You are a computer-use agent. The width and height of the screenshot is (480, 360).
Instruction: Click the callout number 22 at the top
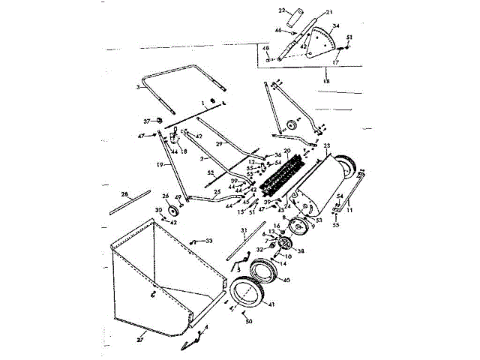pyautogui.click(x=282, y=10)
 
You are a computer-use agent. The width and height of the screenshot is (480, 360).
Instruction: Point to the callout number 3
pyautogui.click(x=139, y=88)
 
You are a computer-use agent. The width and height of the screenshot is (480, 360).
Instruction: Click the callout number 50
pyautogui.click(x=248, y=321)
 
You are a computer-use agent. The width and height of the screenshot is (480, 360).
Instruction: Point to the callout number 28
pyautogui.click(x=125, y=193)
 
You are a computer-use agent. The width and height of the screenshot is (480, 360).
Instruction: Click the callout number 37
pyautogui.click(x=147, y=120)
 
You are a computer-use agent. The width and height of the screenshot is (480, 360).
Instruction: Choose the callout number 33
pyautogui.click(x=208, y=240)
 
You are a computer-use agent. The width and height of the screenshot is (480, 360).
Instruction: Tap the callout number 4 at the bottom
pyautogui.click(x=207, y=328)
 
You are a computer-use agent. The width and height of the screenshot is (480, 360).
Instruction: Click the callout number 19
pyautogui.click(x=160, y=163)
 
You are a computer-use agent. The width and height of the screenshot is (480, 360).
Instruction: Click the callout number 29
pyautogui.click(x=219, y=142)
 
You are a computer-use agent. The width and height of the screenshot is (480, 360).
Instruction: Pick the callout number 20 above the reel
pyautogui.click(x=286, y=151)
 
